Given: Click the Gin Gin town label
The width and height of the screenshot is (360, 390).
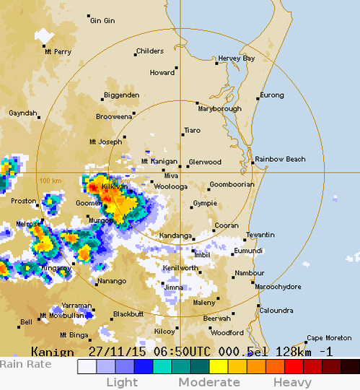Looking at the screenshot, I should coord(102,21).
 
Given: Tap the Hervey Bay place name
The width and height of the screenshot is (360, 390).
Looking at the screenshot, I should coord(236,58).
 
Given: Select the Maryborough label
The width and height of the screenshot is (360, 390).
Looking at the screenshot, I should coord(219,108).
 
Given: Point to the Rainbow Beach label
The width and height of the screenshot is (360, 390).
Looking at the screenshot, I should coord(280,159).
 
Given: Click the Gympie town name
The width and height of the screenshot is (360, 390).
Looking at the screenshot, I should coord(205,204).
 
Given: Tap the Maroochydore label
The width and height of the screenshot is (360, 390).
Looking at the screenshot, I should coord(278,287).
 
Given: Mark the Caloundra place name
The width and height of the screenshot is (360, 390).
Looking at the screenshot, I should coord(276,311).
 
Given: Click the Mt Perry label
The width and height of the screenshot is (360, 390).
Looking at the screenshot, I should coord(58,52).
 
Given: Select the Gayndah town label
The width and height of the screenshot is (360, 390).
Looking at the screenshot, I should coord(22,113).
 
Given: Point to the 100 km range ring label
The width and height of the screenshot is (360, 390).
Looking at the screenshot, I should coord(50,181).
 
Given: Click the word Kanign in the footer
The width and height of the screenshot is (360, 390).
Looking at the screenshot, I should coord(52,352).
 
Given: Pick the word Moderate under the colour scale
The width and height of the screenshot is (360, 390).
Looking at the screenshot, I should coord(209,382).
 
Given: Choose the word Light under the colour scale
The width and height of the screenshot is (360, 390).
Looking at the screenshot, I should coord(122,382).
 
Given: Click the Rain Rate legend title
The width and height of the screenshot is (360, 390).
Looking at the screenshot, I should coord(26,364).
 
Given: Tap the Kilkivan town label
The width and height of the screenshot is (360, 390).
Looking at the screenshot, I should coord(114,186).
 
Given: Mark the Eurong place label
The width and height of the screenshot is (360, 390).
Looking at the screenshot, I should coord(272,95).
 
